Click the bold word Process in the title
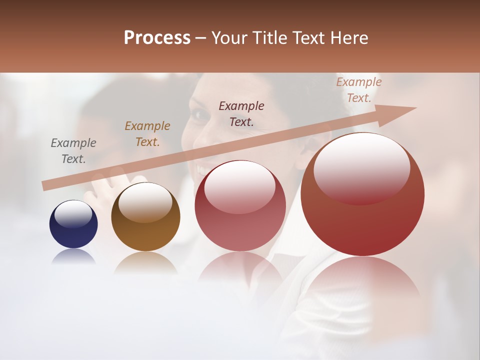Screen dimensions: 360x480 point(157,38)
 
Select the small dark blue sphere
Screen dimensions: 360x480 point(73,224)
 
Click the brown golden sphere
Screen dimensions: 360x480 point(145,217)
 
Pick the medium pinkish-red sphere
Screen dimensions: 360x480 point(240,206)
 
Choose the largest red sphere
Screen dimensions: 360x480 point(362,195)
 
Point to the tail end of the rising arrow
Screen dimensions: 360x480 point(44,186)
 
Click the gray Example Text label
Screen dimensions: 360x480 point(73,151)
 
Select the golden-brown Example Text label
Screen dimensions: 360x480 point(147,134)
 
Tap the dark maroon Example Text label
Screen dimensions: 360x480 point(241,113)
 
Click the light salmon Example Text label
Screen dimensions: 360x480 point(358,90)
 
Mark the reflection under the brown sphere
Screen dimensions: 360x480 point(145,262)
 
